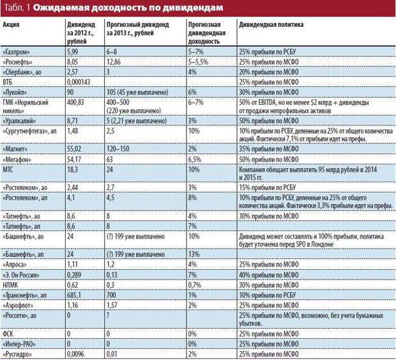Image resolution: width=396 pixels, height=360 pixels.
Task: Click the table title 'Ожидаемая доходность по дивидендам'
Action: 128,8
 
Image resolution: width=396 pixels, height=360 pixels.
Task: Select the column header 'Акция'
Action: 11,24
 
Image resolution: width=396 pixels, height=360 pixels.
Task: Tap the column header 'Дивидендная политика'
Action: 271,24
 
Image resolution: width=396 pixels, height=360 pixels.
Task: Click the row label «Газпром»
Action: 16,52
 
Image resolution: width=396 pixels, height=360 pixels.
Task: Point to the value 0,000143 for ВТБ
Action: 79,82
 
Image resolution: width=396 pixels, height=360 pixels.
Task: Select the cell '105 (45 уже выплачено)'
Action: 137,92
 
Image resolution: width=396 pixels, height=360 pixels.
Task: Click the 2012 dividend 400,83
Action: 75,102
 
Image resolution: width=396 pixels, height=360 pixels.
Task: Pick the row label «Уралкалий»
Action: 19,121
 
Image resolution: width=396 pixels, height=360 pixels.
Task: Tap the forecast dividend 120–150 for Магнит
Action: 118,148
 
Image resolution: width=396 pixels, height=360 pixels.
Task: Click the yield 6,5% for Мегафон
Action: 194,159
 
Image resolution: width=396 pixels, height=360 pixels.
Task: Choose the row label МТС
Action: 8,169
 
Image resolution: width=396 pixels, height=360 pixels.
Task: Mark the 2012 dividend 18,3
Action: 72,169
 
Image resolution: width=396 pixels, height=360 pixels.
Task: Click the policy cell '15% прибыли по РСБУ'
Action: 267,187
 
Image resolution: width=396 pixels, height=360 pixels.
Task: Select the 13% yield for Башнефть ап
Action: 194,254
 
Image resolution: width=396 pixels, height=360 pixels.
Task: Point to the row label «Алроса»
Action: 15,265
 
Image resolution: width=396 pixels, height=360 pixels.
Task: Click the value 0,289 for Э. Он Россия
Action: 74,275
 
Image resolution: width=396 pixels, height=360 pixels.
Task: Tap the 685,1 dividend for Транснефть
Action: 74,295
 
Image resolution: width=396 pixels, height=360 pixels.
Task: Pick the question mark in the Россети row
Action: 108,315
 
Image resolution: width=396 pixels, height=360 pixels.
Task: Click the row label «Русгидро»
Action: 17,354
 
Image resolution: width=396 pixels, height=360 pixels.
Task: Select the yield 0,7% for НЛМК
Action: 194,285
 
